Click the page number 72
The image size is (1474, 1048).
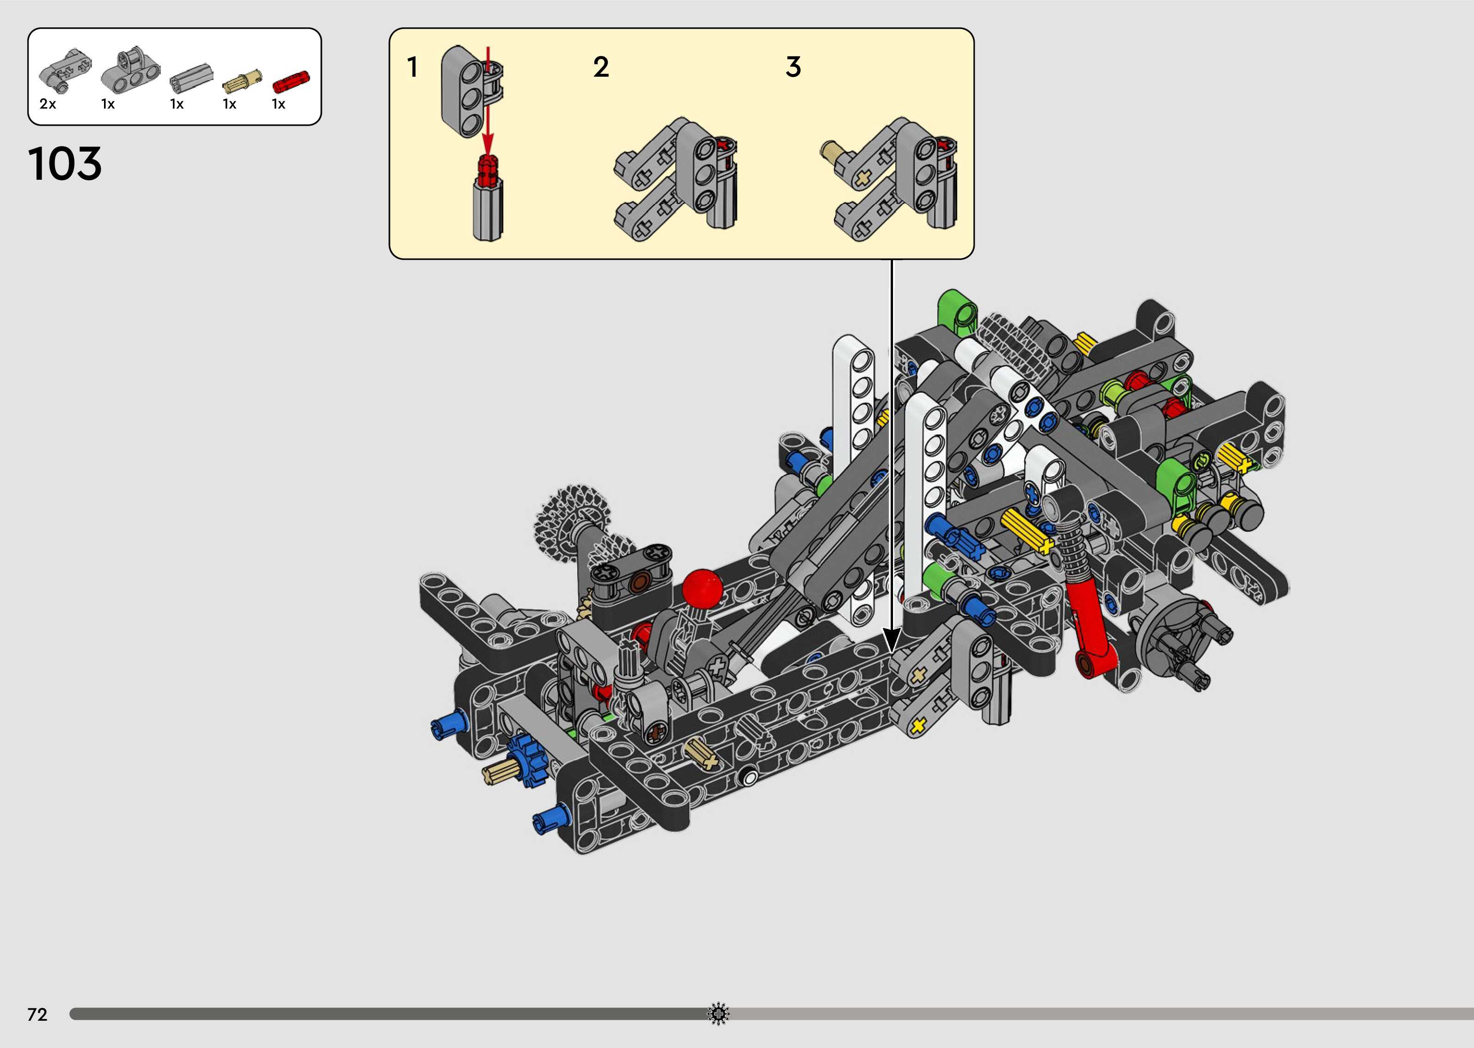(37, 1014)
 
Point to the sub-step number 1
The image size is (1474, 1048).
(412, 67)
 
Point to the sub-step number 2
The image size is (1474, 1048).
(601, 67)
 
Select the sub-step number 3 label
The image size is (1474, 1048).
(793, 67)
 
